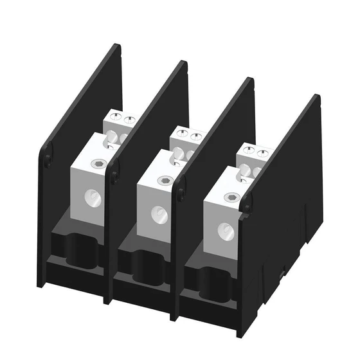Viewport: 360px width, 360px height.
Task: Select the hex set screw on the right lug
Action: tap(230, 199)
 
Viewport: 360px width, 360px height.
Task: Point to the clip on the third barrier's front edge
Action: tap(182, 190)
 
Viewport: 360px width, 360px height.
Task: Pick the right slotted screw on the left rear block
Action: tap(129, 119)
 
